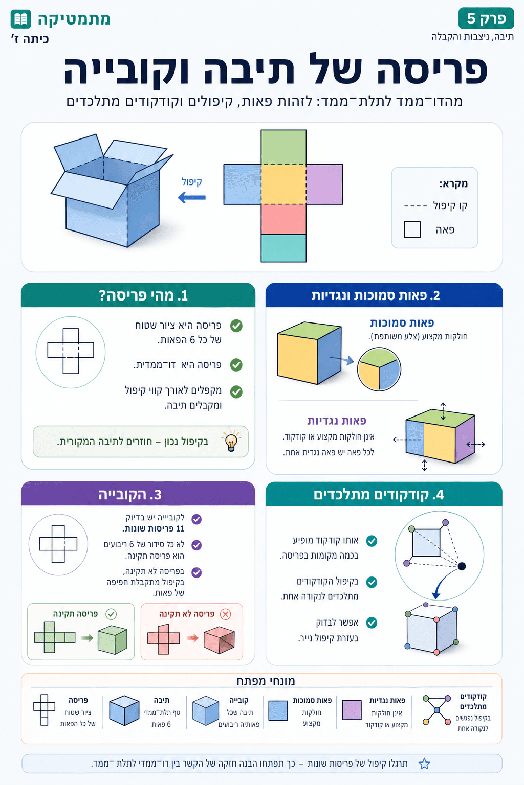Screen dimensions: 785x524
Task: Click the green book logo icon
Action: coord(21,19)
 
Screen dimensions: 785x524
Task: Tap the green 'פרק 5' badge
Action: coord(486,18)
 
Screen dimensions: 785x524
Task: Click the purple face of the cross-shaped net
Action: coord(324,184)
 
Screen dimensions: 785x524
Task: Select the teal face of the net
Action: coord(283,248)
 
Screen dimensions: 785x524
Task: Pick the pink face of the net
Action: coord(283,219)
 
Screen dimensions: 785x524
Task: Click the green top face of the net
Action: coord(283,147)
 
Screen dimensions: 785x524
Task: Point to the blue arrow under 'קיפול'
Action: coord(192,197)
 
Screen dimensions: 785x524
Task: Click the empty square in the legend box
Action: coord(412,229)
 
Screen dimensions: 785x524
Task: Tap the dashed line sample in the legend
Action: coord(415,206)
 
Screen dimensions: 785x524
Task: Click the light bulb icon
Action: coord(231,441)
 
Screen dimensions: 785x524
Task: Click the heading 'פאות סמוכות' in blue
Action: coord(402,322)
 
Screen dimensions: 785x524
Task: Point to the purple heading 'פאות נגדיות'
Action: coord(337,421)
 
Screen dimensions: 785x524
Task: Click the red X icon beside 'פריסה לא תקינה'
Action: coord(225,614)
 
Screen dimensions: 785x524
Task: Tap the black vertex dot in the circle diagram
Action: coord(462,566)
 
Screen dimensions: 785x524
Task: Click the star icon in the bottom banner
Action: coord(424,764)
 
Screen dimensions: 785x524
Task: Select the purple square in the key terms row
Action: coord(352,710)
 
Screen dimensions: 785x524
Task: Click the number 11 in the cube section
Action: coord(180,528)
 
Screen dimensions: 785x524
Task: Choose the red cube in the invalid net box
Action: coord(219,639)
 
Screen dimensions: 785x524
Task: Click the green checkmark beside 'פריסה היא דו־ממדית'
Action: coord(236,365)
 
